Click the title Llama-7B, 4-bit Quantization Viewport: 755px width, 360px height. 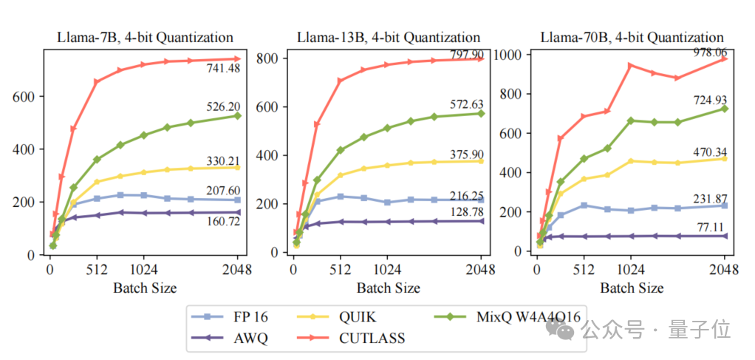[146, 37]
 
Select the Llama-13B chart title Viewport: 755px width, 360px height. [389, 37]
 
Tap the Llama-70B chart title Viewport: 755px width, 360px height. [632, 37]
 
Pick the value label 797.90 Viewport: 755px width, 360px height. [463, 55]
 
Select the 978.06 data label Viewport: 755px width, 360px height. [706, 52]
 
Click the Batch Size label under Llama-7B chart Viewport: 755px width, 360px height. [145, 287]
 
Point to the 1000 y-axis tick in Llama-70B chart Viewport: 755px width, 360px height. [511, 55]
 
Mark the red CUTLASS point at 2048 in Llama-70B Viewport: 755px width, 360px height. [724, 58]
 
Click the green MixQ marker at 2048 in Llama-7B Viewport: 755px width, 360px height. [238, 115]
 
